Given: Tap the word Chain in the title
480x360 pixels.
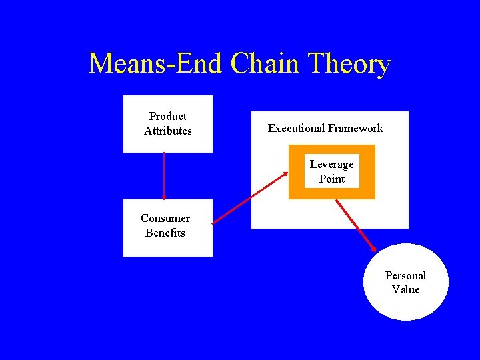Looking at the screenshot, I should [265, 64].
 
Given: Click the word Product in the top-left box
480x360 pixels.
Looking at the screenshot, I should [168, 117].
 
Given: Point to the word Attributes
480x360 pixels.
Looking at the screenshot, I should [168, 131].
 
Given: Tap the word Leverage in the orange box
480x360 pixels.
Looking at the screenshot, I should [332, 164].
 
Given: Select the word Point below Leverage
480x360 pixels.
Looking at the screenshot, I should [332, 179].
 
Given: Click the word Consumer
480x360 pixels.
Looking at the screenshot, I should [165, 218].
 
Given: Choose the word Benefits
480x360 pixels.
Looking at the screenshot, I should [165, 233].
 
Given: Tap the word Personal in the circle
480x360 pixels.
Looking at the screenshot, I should [405, 275].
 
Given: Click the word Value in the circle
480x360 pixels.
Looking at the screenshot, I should [406, 289].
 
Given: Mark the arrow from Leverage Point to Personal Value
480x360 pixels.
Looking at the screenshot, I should [356, 225].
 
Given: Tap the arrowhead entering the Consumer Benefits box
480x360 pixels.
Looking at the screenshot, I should [164, 197].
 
